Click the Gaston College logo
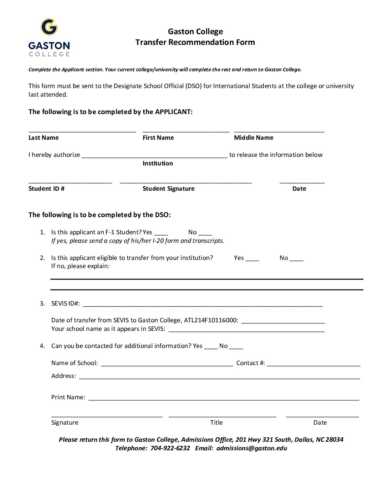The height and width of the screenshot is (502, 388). click(49, 37)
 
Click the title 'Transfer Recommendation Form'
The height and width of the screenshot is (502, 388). click(195, 42)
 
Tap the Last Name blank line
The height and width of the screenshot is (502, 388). click(82, 130)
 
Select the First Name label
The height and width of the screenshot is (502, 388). click(158, 138)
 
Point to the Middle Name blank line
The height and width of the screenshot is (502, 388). click(279, 130)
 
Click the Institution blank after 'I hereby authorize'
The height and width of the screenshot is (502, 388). click(154, 155)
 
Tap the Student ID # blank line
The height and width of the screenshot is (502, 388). click(70, 182)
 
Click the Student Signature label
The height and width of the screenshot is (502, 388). click(168, 189)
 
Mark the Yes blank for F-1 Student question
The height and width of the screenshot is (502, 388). click(161, 233)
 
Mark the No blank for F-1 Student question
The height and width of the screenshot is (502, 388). click(205, 233)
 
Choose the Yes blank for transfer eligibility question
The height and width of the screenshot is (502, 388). click(252, 259)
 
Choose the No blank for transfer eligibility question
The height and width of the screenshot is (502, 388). click(296, 259)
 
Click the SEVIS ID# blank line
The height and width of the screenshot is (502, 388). click(203, 304)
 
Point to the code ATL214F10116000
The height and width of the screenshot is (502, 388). click(210, 320)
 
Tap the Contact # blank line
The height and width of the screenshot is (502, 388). click(313, 364)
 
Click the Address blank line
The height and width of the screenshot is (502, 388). click(219, 377)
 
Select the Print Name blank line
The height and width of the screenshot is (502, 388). click(224, 398)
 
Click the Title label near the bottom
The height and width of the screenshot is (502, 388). click(216, 422)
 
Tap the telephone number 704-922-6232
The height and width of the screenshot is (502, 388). click(170, 448)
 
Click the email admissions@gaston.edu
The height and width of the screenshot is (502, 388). click(251, 448)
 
